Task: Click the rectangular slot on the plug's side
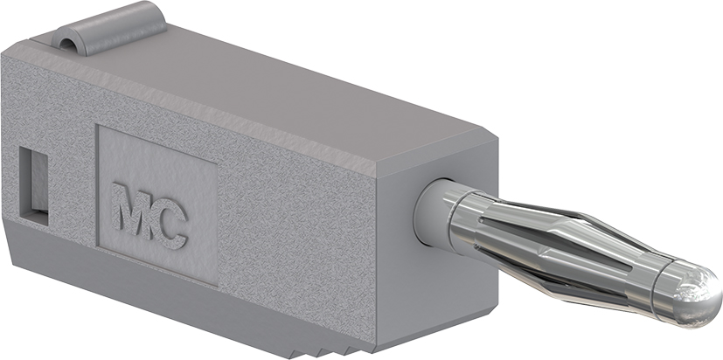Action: [x=33, y=185]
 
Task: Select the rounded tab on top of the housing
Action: [x=108, y=29]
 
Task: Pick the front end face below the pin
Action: [x=438, y=295]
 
